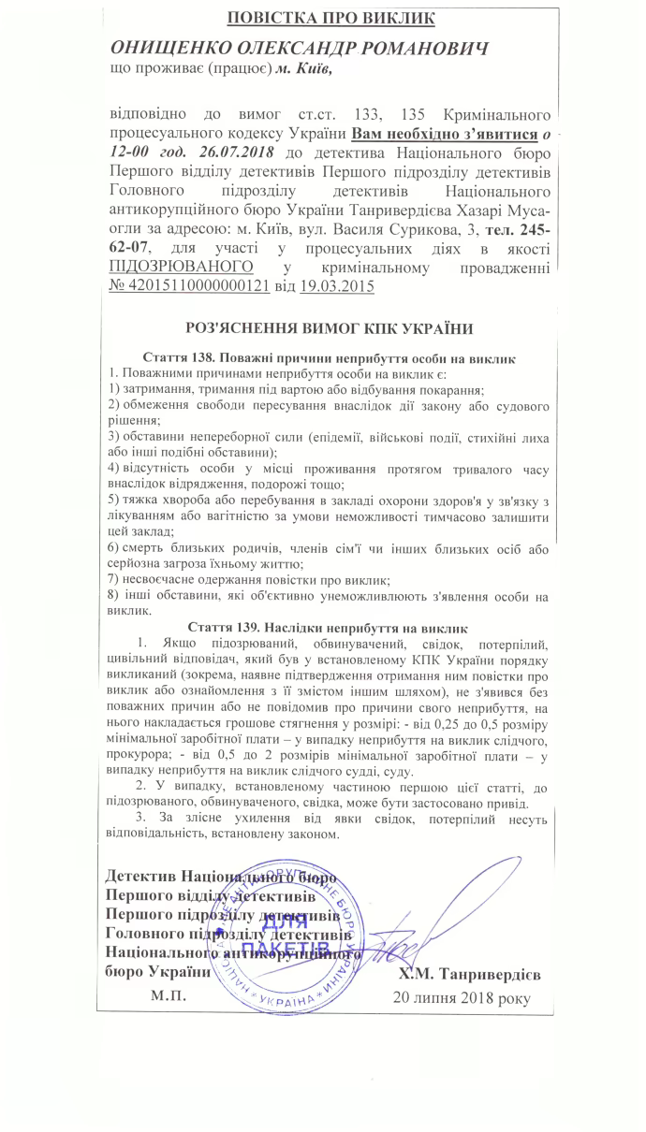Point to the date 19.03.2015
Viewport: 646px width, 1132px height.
point(335,287)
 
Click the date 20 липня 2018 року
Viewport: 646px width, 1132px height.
point(462,996)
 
